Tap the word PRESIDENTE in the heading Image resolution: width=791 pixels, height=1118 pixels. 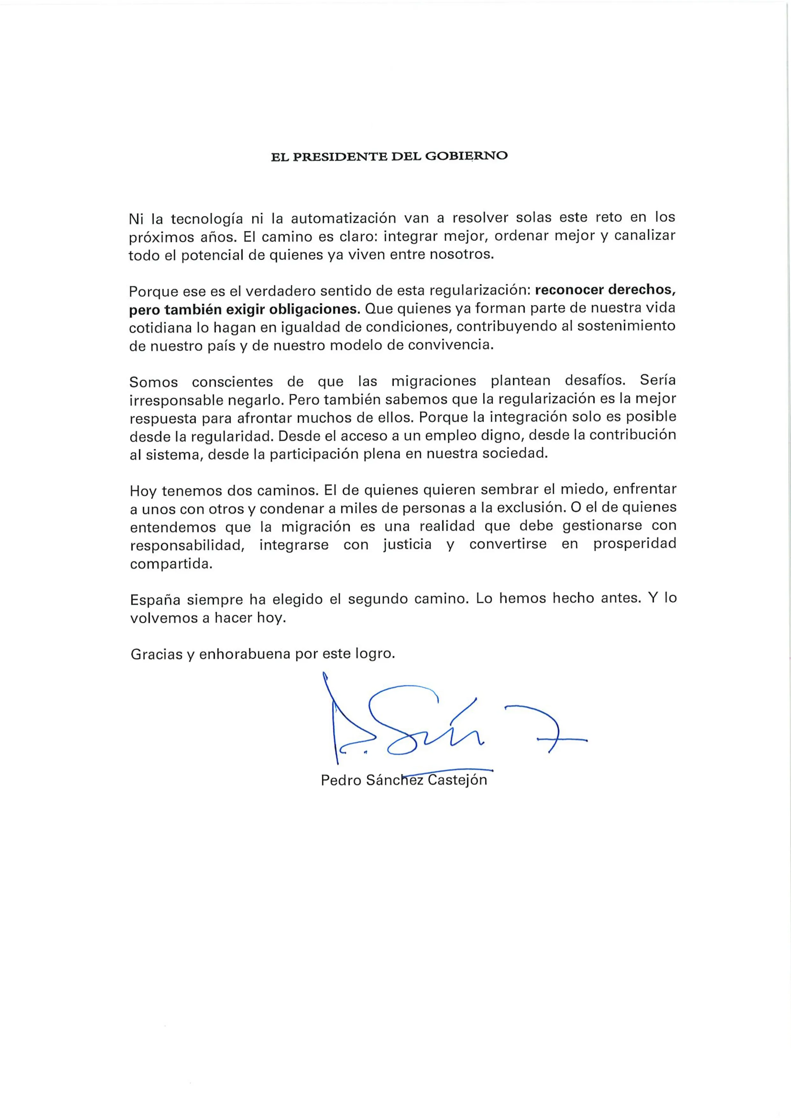341,156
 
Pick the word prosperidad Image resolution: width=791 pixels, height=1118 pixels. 634,544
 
